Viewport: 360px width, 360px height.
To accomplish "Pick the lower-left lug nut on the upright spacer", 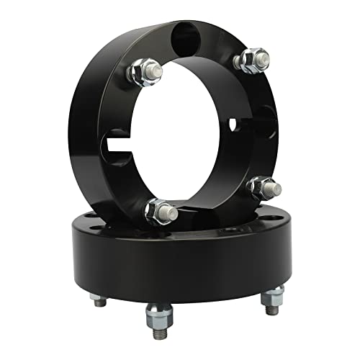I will pyautogui.click(x=158, y=211).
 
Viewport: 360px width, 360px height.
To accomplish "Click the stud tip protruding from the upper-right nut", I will pyautogui.click(x=263, y=55).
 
